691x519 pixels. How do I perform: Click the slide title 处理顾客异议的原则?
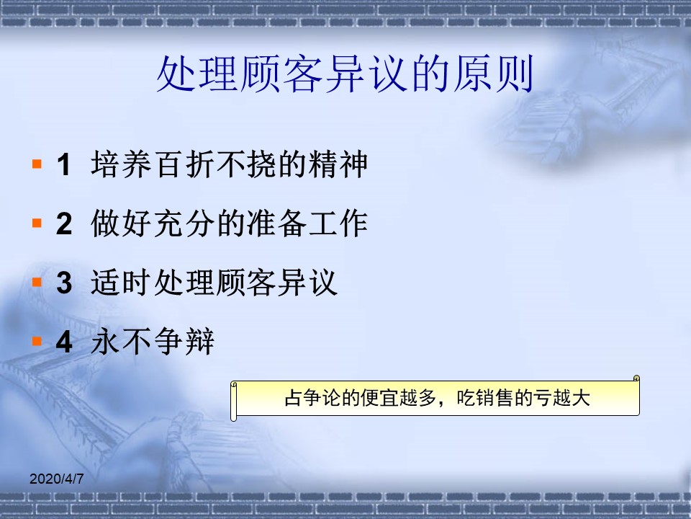pyautogui.click(x=345, y=74)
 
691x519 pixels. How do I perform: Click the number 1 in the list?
pyautogui.click(x=64, y=164)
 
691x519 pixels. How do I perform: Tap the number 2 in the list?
pyautogui.click(x=64, y=223)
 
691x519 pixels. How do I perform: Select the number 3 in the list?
pyautogui.click(x=64, y=283)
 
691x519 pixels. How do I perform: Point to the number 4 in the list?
pyautogui.click(x=64, y=342)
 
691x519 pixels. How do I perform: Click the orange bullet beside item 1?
pyautogui.click(x=37, y=164)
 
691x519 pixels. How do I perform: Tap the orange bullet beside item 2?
pyautogui.click(x=37, y=223)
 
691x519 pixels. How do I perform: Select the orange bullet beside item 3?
pyautogui.click(x=37, y=283)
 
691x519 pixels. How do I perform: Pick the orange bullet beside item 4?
pyautogui.click(x=37, y=342)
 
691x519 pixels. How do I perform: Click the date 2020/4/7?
pyautogui.click(x=56, y=479)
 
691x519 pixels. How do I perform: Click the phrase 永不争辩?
pyautogui.click(x=153, y=342)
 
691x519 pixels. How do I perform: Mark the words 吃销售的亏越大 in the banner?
pyautogui.click(x=523, y=398)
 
